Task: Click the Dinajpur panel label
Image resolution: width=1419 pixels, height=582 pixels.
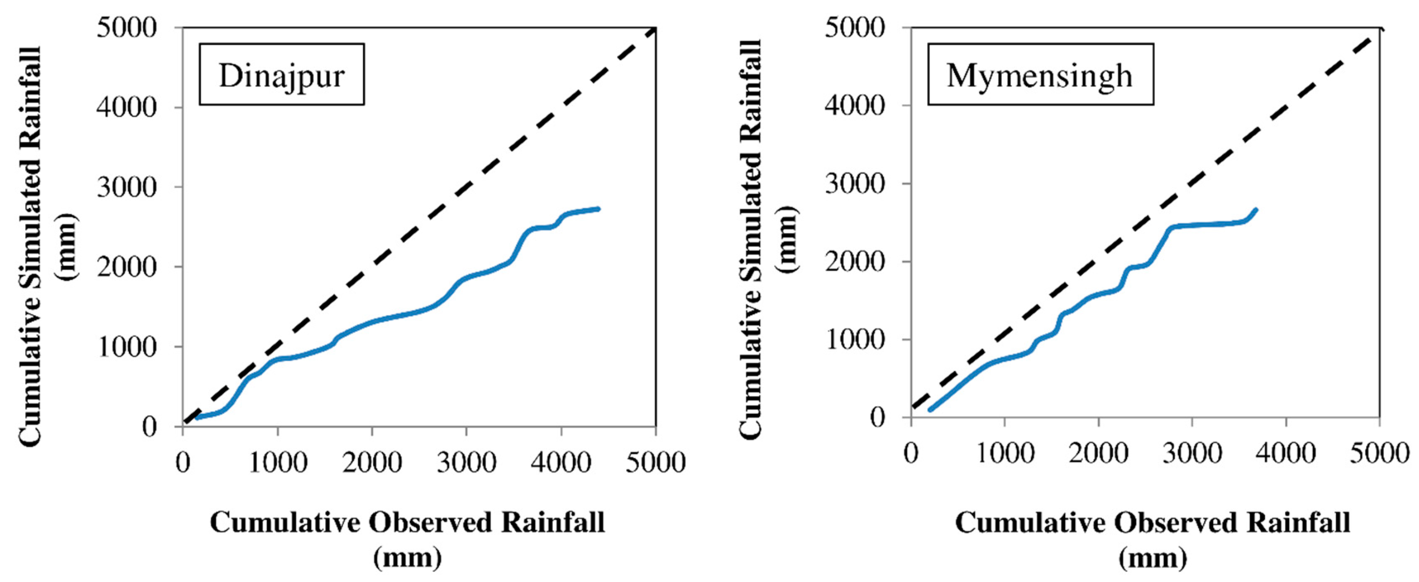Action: click(x=281, y=75)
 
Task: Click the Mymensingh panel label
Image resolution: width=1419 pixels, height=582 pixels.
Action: click(x=1039, y=75)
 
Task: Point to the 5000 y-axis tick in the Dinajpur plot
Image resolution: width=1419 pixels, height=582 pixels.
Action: click(x=127, y=28)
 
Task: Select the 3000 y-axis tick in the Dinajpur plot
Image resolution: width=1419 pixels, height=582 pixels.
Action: click(x=127, y=187)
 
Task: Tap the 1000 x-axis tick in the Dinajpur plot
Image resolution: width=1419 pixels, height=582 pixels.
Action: click(x=278, y=462)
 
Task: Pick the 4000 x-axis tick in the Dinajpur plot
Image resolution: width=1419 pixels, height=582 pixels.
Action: click(x=561, y=462)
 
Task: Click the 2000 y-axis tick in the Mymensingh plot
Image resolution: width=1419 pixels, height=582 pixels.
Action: click(x=855, y=261)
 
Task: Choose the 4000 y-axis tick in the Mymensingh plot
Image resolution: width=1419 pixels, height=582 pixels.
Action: click(x=855, y=105)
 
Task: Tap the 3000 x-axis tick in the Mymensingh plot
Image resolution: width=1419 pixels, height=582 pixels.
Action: click(x=1192, y=453)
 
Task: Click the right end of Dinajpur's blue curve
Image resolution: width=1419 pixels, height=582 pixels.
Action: click(x=598, y=209)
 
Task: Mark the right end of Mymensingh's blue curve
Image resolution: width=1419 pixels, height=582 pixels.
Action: click(x=1256, y=209)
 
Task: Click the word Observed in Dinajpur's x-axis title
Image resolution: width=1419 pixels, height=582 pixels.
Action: click(x=430, y=523)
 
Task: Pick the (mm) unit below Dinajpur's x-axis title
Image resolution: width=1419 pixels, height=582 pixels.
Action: click(x=408, y=558)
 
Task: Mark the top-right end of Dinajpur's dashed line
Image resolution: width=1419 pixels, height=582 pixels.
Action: click(x=655, y=29)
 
